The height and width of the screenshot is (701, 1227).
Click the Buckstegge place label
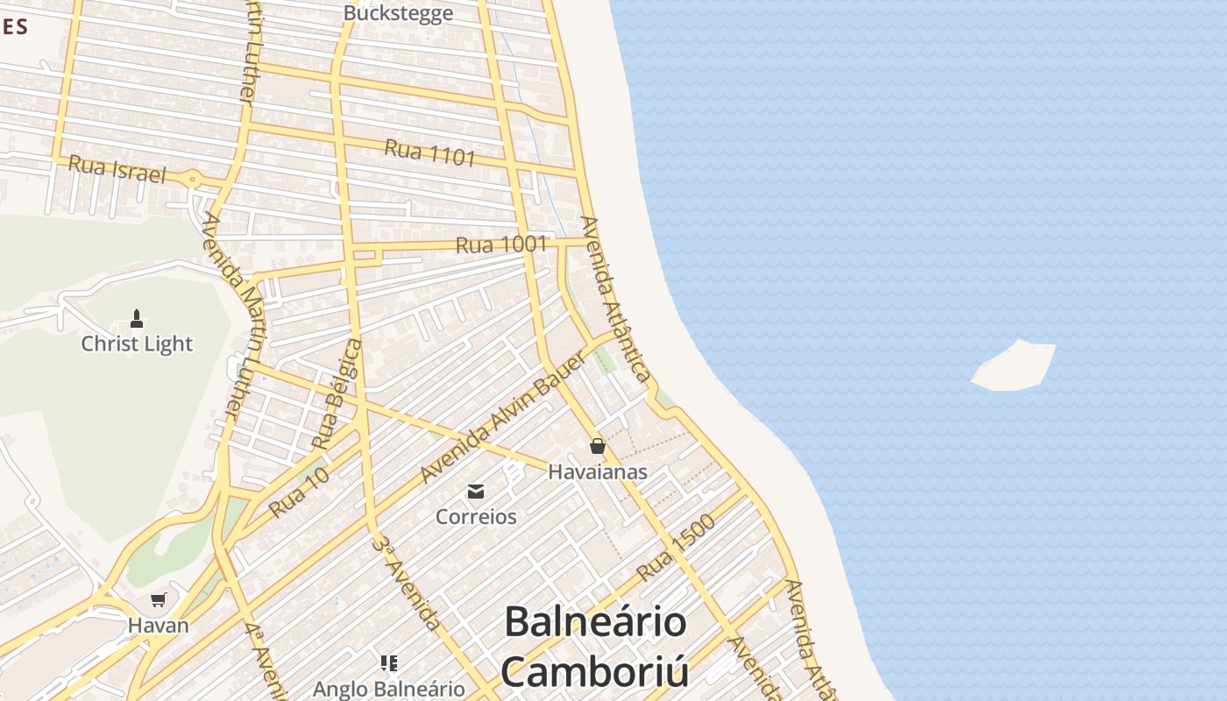(x=398, y=13)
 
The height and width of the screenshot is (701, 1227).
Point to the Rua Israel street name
(x=117, y=168)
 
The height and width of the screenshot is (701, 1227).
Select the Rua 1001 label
(x=501, y=244)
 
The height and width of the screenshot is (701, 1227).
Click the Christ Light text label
(x=137, y=343)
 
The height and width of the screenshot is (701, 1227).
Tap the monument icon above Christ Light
(x=137, y=317)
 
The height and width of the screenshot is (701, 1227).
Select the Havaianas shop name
(x=598, y=471)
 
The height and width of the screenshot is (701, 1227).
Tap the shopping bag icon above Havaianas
(x=598, y=446)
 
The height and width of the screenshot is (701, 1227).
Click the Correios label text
(x=476, y=516)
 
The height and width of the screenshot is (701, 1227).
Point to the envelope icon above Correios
(x=476, y=492)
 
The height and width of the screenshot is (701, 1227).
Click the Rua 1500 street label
(x=676, y=548)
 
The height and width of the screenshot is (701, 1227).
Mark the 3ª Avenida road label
(x=404, y=582)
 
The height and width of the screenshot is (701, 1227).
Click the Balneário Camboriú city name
(x=595, y=647)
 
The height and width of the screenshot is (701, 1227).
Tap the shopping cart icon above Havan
(x=159, y=600)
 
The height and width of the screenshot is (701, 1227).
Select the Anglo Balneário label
(x=388, y=689)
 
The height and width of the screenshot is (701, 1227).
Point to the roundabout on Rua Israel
(x=194, y=180)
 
